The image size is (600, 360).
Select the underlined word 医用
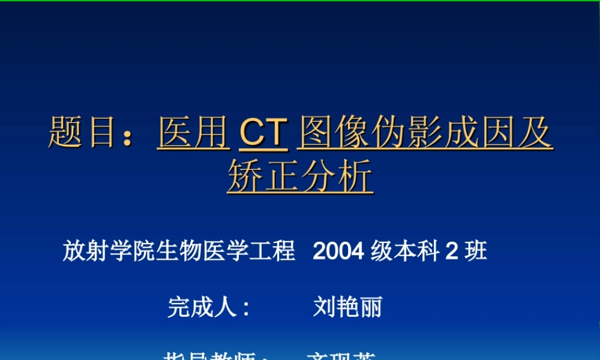(193, 133)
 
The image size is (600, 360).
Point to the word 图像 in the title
(333, 133)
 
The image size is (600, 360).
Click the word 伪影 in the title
(407, 133)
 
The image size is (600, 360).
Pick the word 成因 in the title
(480, 133)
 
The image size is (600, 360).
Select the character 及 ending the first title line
(535, 133)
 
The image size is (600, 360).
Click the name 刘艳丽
(347, 307)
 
